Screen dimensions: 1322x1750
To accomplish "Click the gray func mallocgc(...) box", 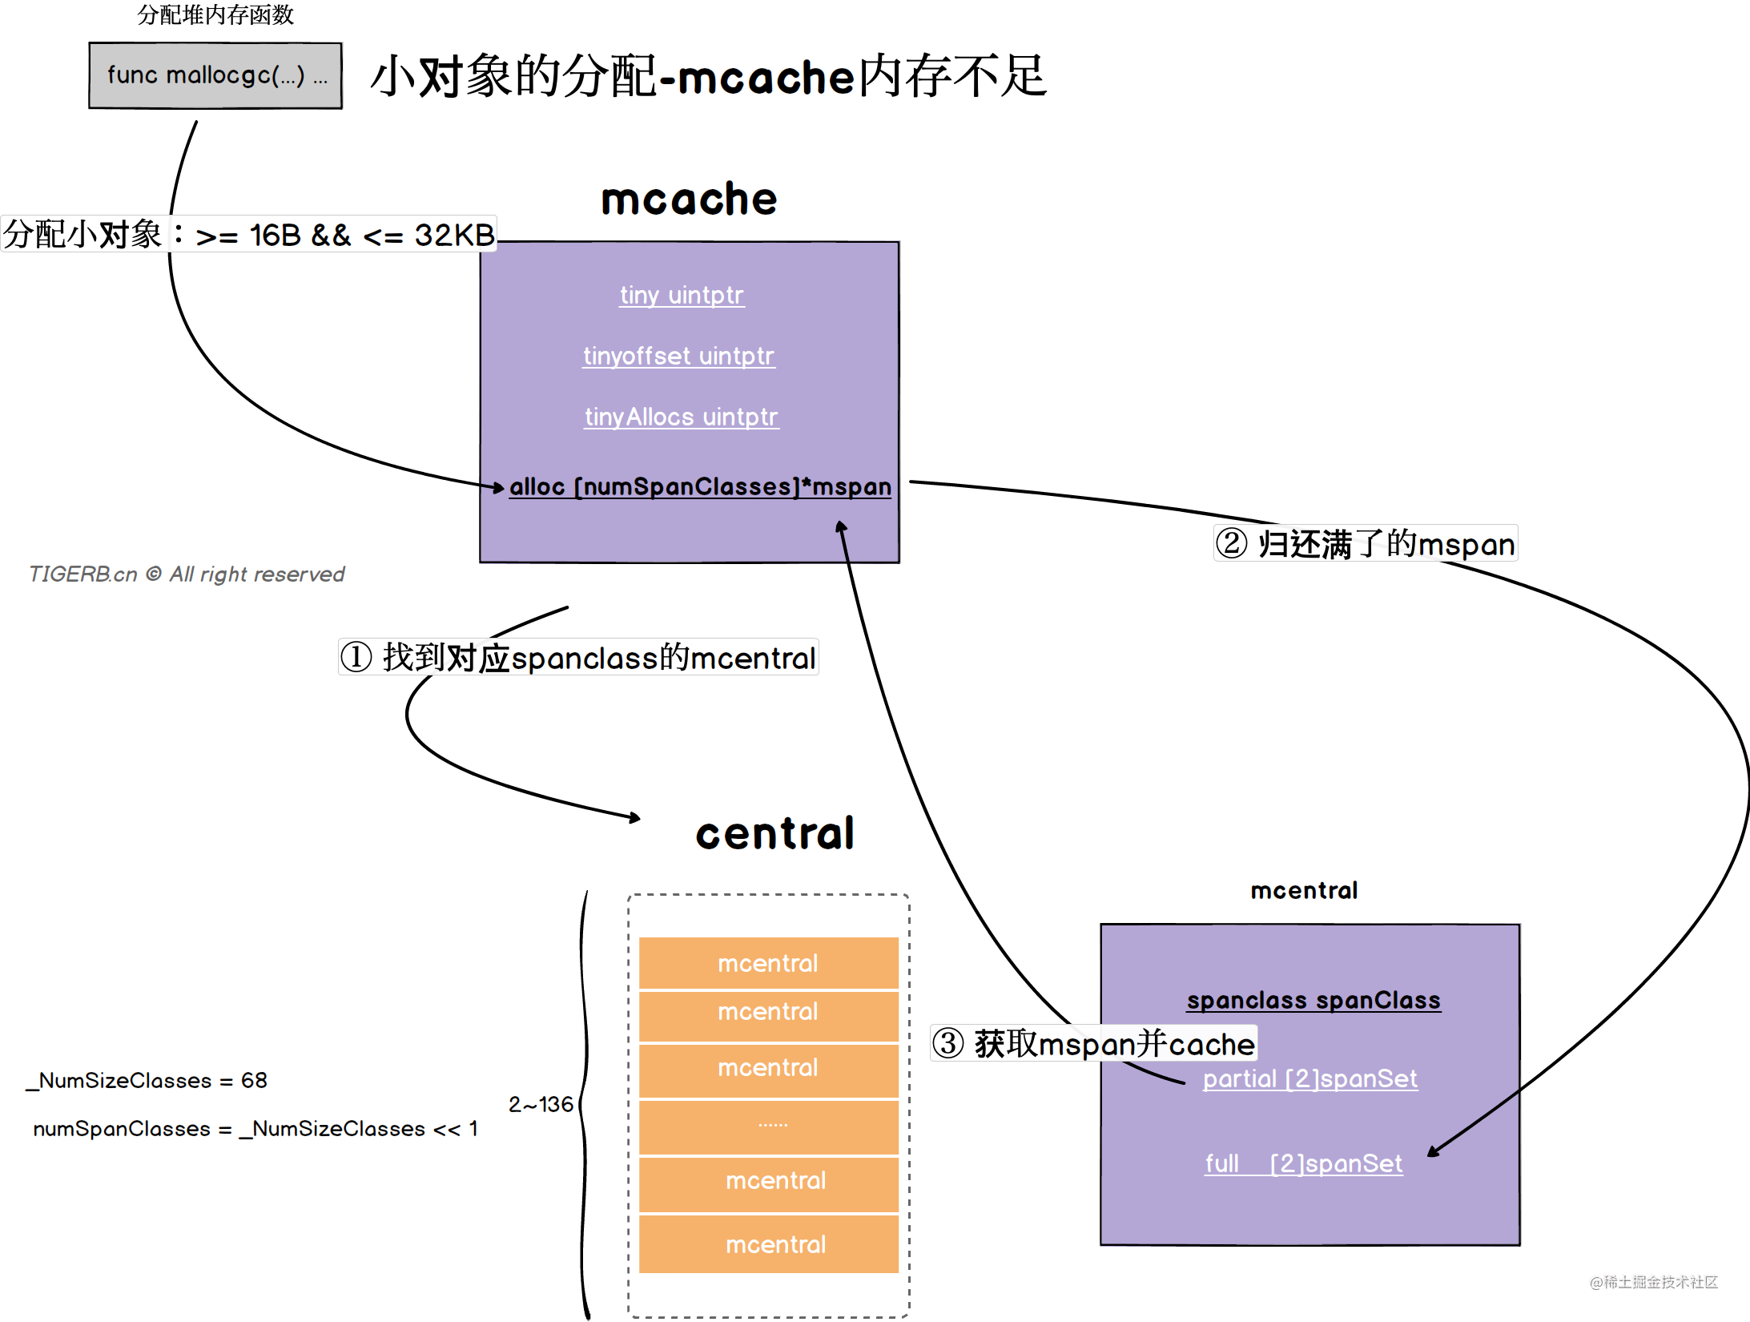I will click(x=215, y=75).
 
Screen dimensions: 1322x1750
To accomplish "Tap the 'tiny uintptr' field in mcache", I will click(x=682, y=295).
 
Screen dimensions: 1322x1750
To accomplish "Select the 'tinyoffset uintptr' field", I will click(x=678, y=356).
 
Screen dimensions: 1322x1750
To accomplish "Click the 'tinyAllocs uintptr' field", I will click(x=681, y=417).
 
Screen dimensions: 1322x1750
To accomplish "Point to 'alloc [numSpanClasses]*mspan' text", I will click(x=700, y=486).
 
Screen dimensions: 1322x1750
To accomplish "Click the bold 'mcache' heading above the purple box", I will click(x=689, y=199).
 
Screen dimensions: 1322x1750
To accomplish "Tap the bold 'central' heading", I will click(x=774, y=833).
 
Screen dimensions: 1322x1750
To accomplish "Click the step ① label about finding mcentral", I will click(x=578, y=658).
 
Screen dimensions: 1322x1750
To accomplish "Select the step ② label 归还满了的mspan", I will click(x=1366, y=543).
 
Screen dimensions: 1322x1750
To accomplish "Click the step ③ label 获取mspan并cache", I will click(x=1094, y=1044).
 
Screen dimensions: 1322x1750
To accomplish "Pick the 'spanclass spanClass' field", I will click(x=1314, y=1000).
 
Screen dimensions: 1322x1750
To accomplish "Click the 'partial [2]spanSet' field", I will click(x=1310, y=1078).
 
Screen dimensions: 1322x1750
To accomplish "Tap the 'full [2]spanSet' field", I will click(x=1304, y=1163).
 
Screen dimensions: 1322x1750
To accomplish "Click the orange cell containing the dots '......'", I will click(x=769, y=1126).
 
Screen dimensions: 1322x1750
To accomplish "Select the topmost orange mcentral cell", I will click(x=769, y=963).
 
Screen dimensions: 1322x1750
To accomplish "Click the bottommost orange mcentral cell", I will click(x=769, y=1244).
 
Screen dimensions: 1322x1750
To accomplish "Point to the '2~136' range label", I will click(x=541, y=1104).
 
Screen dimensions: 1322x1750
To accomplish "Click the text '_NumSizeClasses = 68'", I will click(x=147, y=1080).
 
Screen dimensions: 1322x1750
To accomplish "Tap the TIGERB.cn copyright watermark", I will click(x=187, y=574).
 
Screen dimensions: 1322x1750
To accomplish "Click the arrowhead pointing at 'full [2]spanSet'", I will click(x=1432, y=1153).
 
